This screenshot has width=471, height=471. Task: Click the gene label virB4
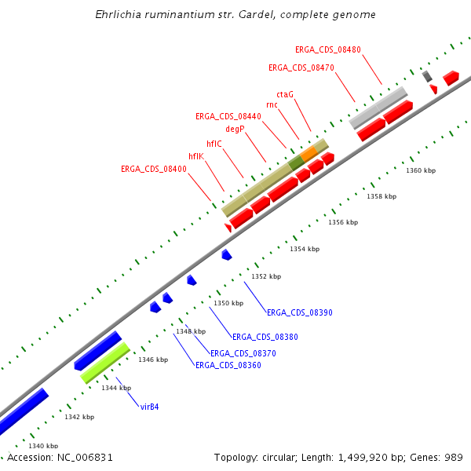[x=149, y=407]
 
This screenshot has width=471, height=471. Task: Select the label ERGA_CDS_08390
[x=300, y=312]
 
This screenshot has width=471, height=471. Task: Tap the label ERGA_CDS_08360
[x=228, y=365]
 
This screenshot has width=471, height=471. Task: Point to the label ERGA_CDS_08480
[x=328, y=49]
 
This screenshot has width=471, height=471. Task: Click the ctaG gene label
[x=285, y=94]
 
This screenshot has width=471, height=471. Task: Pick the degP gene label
[x=235, y=128]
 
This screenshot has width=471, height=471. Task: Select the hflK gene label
[x=195, y=156]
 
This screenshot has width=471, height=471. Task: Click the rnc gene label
[x=272, y=104]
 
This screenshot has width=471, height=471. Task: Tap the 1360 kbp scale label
[x=420, y=170]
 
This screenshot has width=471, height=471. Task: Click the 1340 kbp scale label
[x=42, y=446]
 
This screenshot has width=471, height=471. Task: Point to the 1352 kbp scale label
[x=265, y=276]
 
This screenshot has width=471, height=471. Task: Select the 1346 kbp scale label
[x=153, y=360]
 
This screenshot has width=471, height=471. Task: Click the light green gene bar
[x=104, y=363]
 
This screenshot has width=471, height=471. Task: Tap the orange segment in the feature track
[x=309, y=152]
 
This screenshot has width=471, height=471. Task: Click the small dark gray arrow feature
[x=427, y=76]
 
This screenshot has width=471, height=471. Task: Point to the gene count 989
[x=453, y=457]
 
